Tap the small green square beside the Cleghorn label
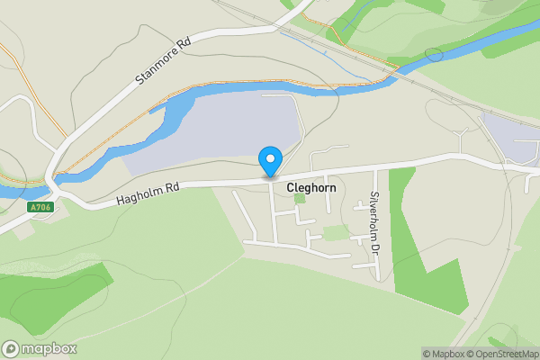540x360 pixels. coord(300,198)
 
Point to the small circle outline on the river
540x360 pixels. coord(435,55)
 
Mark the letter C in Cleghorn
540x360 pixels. coord(291,189)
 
